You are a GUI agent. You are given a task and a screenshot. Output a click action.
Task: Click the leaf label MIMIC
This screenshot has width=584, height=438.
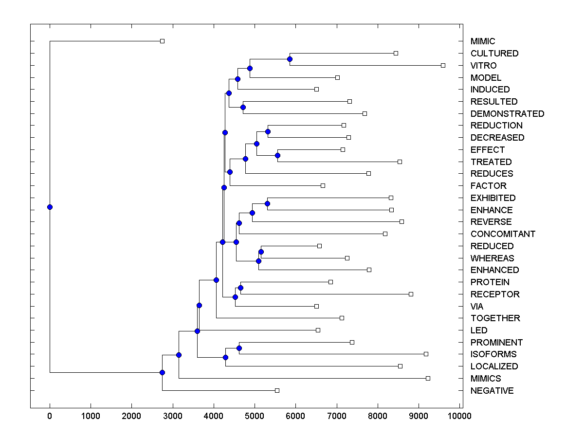(x=482, y=41)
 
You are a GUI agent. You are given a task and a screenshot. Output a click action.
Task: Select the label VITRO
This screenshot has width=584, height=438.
(x=483, y=66)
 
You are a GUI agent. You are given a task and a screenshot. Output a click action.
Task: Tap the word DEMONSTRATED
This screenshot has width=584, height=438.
(x=507, y=113)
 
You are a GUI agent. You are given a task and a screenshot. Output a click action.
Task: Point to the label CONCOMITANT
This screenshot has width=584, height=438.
(x=503, y=234)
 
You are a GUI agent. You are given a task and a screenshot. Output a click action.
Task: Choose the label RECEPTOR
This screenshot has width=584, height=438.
(x=495, y=294)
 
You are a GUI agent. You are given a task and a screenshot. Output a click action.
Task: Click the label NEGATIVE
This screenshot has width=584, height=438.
(x=492, y=391)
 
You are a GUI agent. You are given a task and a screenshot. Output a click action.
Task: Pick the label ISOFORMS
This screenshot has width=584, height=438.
(x=493, y=354)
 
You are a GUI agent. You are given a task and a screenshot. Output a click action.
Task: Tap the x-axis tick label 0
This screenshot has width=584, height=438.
(x=50, y=416)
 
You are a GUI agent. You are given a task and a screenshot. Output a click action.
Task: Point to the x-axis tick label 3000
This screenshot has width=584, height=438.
(x=173, y=416)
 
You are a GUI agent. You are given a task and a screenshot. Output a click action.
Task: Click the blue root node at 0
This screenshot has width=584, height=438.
(x=50, y=207)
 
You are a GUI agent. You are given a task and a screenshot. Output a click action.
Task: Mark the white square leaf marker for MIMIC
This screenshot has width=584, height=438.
(x=163, y=41)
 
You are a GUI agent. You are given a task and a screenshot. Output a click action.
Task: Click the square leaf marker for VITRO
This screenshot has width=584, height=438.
(x=443, y=65)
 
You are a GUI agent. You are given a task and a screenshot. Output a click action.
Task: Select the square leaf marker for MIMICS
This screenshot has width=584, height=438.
(x=428, y=378)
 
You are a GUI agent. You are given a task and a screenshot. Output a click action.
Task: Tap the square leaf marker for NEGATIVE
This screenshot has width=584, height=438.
(x=277, y=390)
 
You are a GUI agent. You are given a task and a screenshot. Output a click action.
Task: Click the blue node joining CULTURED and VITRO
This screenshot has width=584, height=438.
(x=290, y=59)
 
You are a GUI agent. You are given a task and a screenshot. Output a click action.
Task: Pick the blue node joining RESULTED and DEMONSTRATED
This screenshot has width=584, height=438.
(x=243, y=107)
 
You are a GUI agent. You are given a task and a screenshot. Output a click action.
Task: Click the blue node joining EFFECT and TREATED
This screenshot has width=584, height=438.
(x=277, y=156)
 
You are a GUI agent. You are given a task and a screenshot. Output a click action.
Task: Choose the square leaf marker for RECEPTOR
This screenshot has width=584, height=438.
(x=411, y=294)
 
